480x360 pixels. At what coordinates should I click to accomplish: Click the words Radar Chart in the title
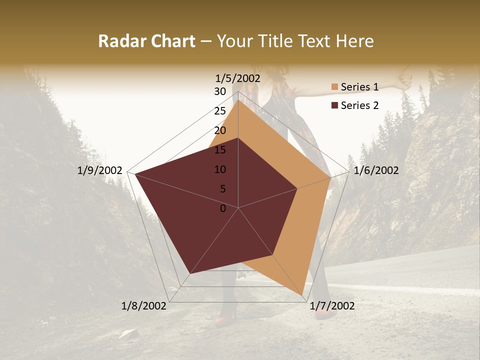coord(146,41)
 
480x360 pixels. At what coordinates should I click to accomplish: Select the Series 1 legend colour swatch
coord(334,87)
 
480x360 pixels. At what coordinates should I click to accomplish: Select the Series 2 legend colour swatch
coord(334,105)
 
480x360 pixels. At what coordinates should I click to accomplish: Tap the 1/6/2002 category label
coord(376,170)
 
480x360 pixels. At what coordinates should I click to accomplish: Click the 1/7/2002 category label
coord(332,306)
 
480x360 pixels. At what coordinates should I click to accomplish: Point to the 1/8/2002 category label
coord(144,306)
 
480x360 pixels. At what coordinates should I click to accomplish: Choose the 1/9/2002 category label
coord(100,170)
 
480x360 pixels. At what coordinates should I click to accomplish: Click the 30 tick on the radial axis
coord(220,91)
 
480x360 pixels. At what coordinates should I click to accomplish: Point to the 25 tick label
coord(220,111)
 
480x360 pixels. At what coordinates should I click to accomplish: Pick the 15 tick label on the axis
coord(220,150)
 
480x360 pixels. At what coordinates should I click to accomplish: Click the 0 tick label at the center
coord(223,208)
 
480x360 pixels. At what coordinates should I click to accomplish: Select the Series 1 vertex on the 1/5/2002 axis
coord(238,99)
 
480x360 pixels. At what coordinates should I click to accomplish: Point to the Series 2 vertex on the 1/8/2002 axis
coord(190,273)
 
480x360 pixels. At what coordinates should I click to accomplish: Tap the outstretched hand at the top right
coord(402,81)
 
